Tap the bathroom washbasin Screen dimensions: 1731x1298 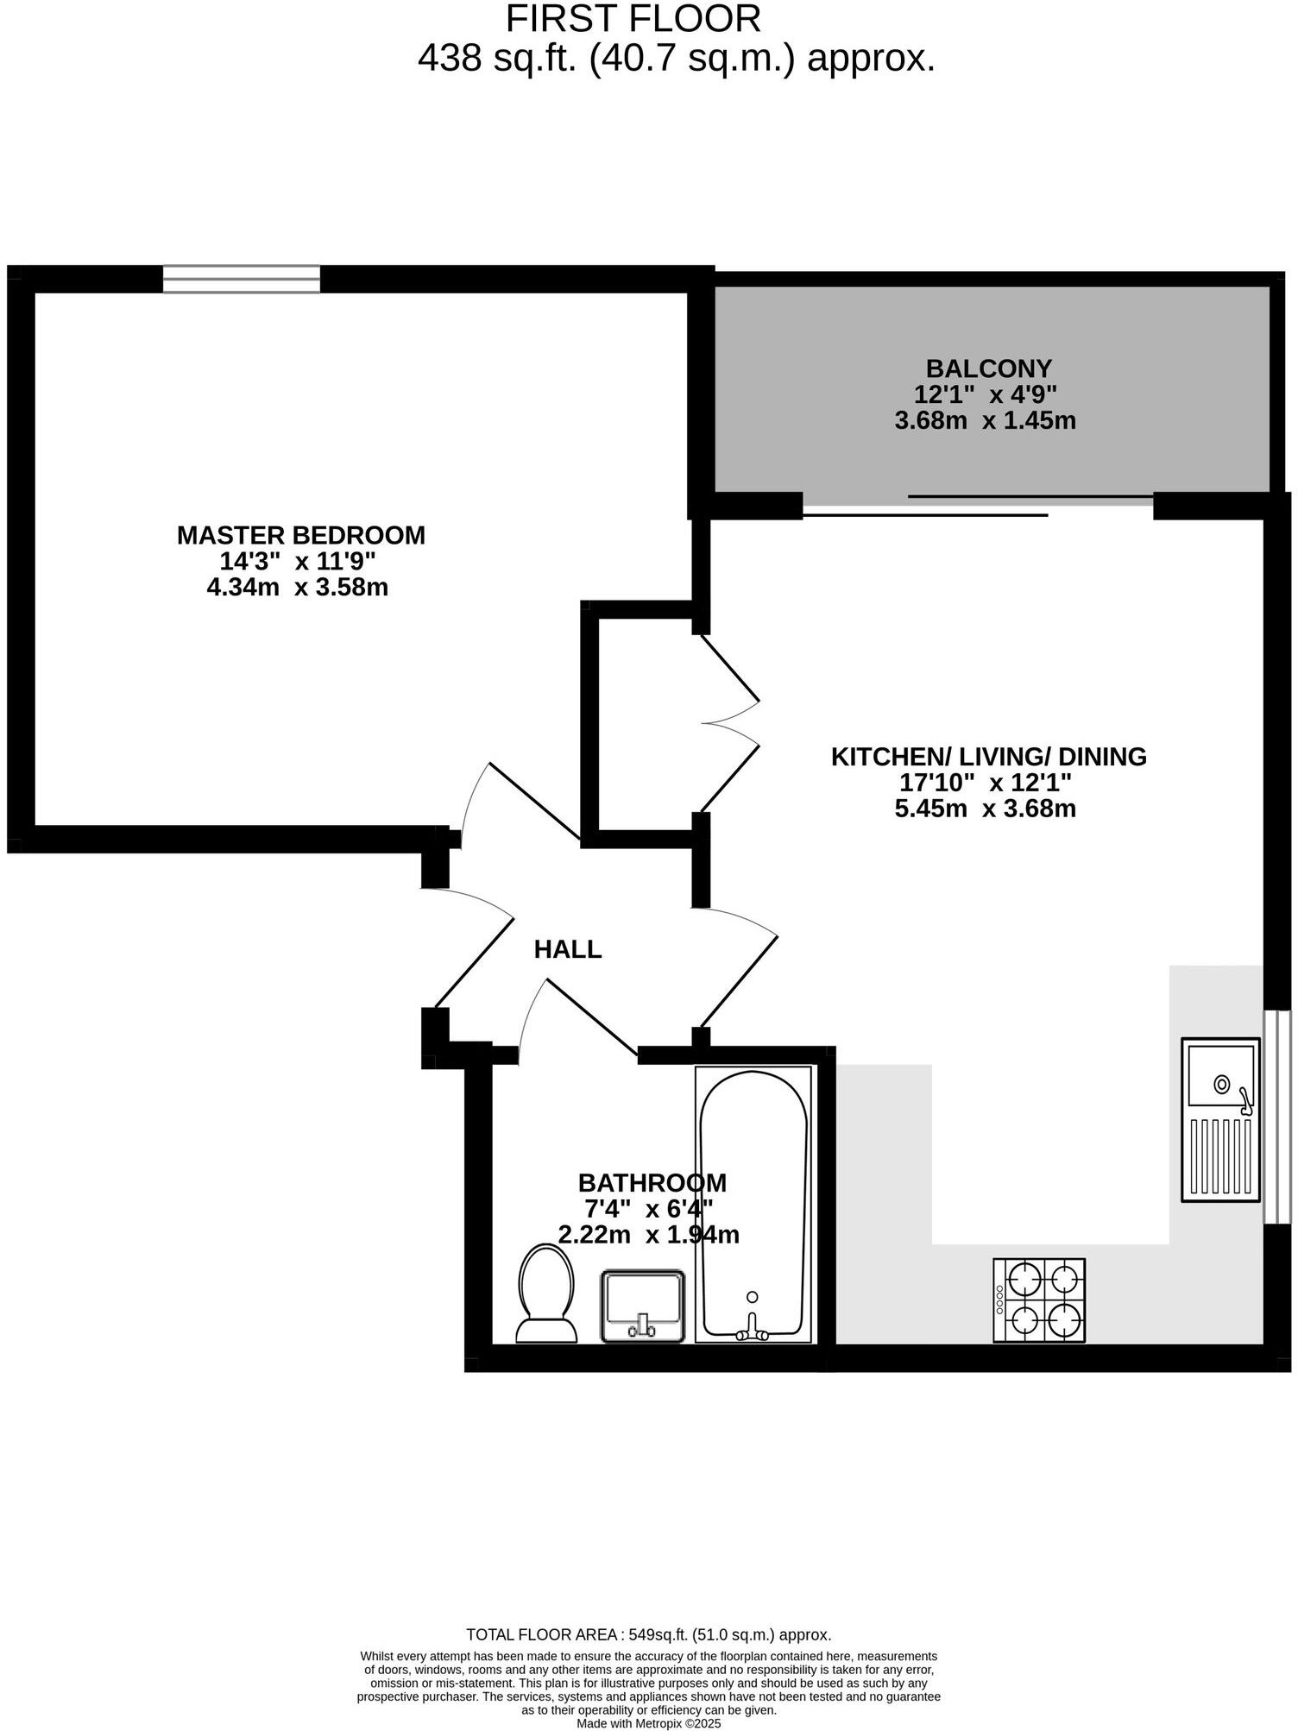(x=643, y=1305)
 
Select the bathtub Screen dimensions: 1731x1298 (x=753, y=1205)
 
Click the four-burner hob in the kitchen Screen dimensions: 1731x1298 (x=1039, y=1300)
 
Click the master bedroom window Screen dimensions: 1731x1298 (x=242, y=279)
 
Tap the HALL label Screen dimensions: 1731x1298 (x=567, y=950)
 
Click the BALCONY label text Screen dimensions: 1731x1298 (x=988, y=368)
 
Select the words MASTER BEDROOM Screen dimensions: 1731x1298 (x=301, y=535)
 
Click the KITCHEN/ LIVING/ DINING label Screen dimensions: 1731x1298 (x=989, y=757)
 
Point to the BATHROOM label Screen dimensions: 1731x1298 (x=652, y=1182)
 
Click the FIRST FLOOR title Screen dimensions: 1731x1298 (x=633, y=19)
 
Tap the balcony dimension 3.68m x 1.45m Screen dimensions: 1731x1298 (x=986, y=421)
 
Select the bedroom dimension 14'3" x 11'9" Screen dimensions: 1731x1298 (x=298, y=562)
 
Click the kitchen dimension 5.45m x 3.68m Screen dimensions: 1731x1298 (x=986, y=809)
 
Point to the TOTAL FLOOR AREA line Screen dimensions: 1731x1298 (x=648, y=1634)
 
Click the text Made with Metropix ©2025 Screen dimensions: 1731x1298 (x=648, y=1723)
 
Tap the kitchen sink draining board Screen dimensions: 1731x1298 (x=1220, y=1155)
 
